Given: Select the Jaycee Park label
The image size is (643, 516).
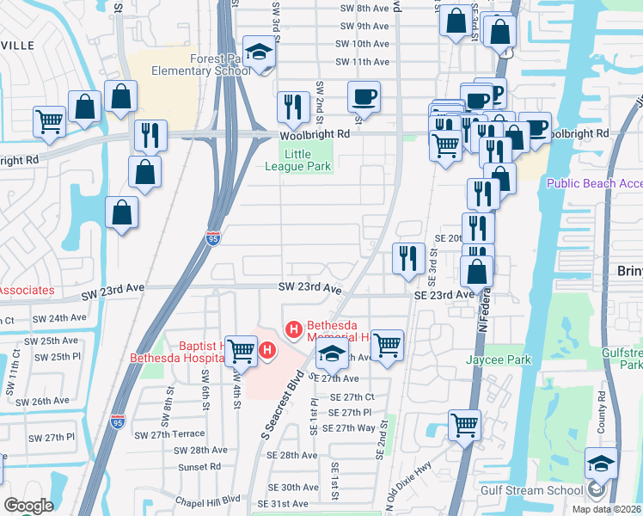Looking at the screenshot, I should click(499, 359).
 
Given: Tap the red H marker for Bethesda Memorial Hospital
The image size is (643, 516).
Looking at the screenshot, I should click(293, 329).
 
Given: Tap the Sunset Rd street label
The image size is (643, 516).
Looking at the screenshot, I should click(200, 466).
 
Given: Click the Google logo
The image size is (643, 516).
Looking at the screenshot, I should click(29, 506).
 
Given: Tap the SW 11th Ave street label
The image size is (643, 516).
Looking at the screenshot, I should click(363, 62).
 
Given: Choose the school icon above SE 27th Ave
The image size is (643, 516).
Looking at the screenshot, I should click(332, 354).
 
